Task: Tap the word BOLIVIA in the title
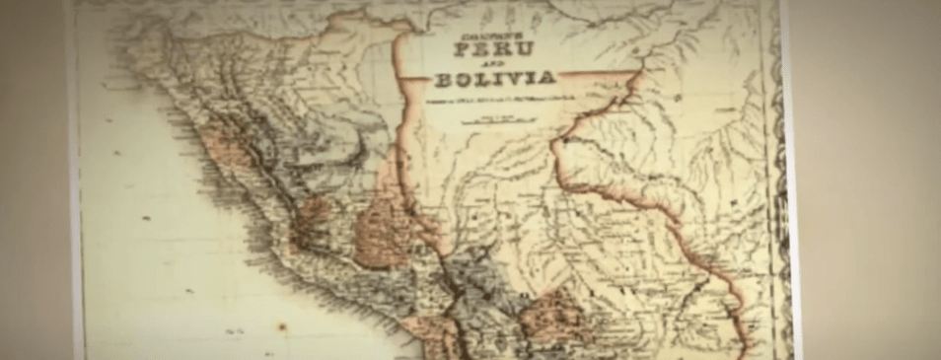pos(493,79)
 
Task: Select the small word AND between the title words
pos(490,64)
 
